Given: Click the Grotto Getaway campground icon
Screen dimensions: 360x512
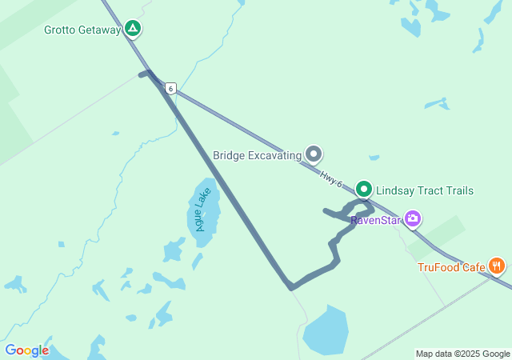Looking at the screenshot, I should tap(133, 30).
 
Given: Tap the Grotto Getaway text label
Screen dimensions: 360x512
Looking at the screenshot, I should tap(82, 30).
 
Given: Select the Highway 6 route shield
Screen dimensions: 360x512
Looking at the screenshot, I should tap(170, 88).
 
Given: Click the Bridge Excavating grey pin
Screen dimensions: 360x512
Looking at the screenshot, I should tap(314, 154).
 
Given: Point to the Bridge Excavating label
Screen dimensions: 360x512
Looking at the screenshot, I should tap(257, 155).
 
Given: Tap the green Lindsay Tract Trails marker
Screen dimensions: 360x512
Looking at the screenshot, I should tap(364, 190).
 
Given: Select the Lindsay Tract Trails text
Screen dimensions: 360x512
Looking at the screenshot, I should tap(425, 190).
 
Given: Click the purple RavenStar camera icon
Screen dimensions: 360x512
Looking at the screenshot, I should tap(413, 218).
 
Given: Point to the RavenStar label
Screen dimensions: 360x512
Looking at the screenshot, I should tap(375, 219).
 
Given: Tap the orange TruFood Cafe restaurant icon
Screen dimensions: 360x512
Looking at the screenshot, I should tap(497, 266).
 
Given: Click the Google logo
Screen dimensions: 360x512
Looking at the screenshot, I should tap(26, 350).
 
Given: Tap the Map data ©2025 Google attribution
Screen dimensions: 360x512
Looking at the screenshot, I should tap(462, 354).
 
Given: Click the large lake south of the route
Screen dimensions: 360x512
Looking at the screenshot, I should tap(326, 330).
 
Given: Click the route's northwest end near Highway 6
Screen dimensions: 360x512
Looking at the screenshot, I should tap(143, 74).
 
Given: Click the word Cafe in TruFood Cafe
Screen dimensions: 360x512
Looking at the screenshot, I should tap(472, 267).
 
